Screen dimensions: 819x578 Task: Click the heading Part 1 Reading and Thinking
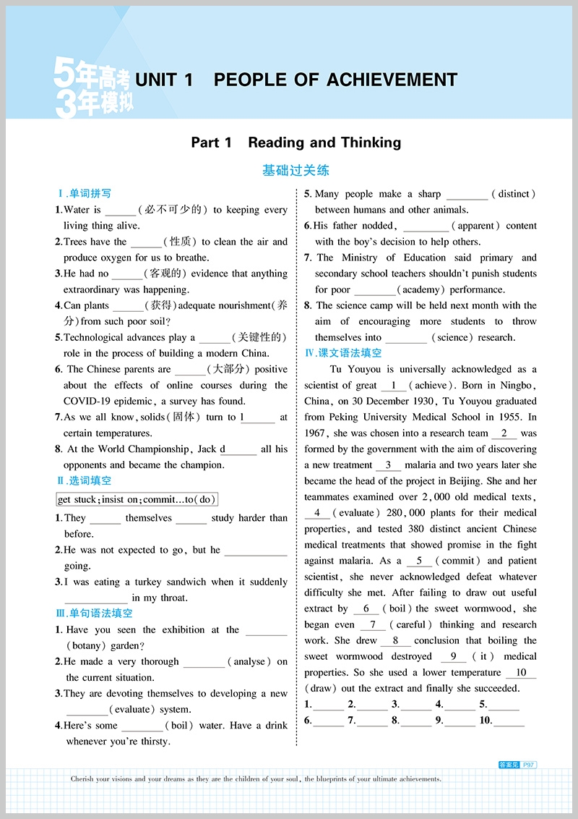click(x=296, y=143)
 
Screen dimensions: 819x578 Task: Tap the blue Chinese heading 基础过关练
click(x=296, y=171)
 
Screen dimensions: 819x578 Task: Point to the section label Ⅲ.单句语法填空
click(x=95, y=614)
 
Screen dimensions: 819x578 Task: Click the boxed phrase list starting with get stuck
click(x=137, y=499)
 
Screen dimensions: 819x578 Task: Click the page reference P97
click(x=529, y=764)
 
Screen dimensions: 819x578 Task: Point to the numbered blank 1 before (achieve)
click(x=393, y=386)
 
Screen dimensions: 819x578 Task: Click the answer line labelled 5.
click(x=504, y=704)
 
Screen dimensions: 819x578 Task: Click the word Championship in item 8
click(x=158, y=449)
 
